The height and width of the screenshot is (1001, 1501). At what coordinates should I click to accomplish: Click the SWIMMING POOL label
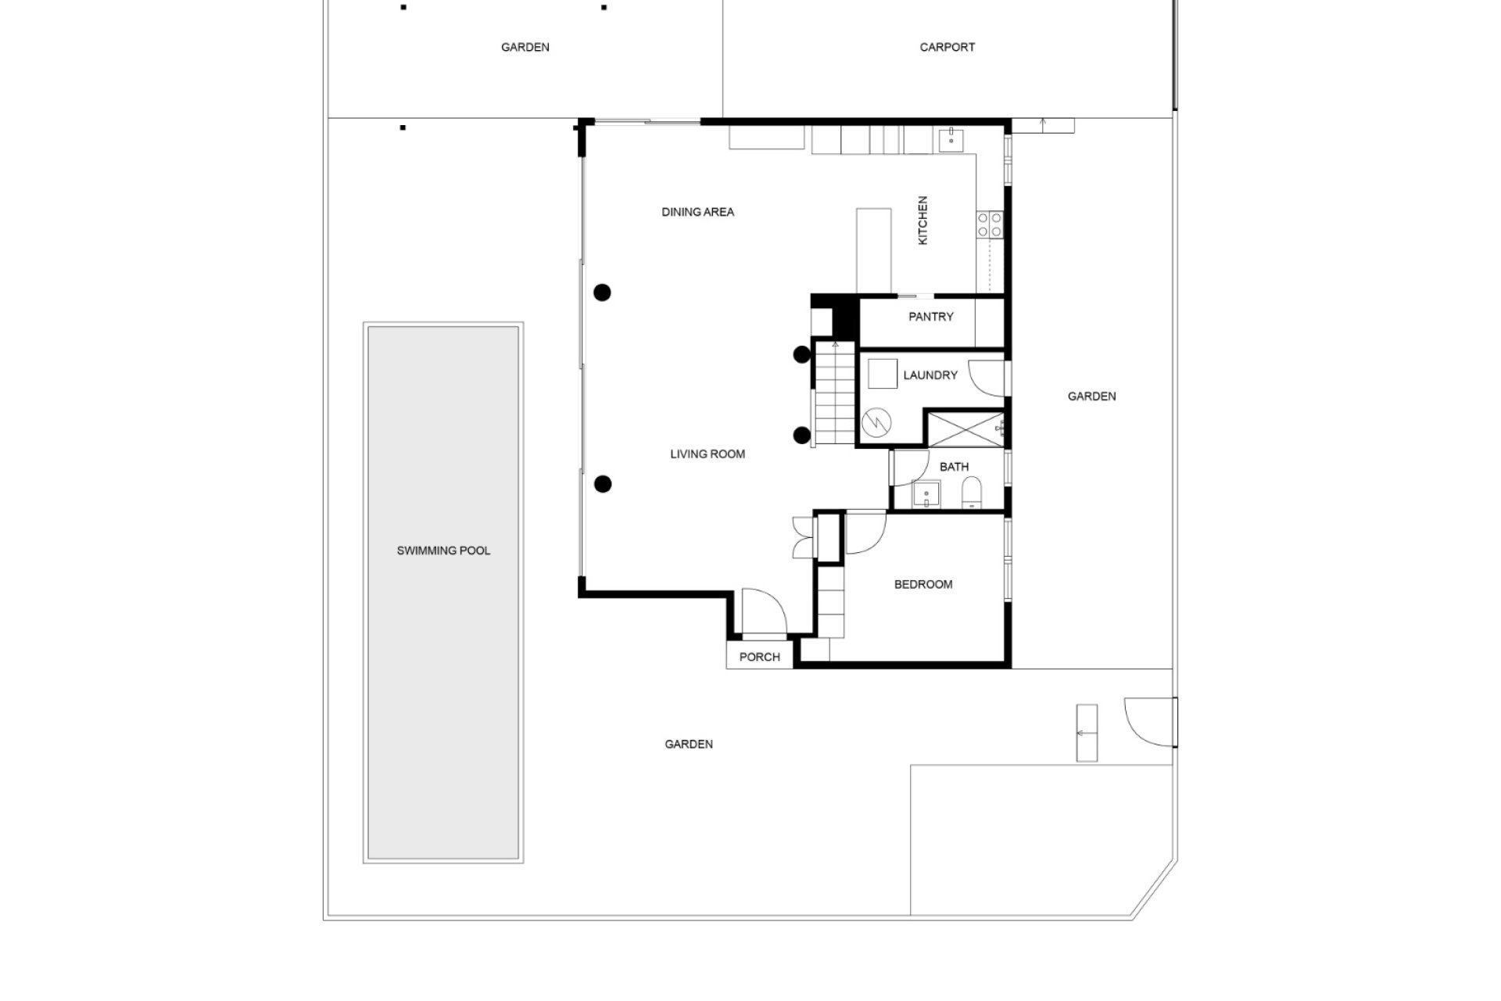coord(443,551)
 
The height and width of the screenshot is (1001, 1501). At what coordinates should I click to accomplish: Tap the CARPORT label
coord(947,47)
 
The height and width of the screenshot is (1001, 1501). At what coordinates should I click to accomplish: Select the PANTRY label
coord(930,317)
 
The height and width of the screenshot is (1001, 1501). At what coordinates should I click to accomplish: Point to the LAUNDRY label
coord(930,375)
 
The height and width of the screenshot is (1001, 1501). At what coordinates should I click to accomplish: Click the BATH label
coord(954,467)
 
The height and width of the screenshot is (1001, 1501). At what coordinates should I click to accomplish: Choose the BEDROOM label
coord(923,584)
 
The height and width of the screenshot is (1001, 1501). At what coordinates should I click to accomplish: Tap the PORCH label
coord(759,657)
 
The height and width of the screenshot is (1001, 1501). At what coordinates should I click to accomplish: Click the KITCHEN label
coord(922,221)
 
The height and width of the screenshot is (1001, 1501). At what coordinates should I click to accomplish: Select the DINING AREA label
coord(697,212)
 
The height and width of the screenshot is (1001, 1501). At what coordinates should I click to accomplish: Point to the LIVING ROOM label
coord(708,454)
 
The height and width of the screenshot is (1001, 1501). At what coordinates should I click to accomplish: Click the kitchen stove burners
coord(990,224)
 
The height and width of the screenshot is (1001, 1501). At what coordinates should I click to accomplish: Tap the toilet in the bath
coord(972,493)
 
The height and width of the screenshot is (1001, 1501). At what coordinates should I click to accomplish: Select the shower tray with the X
coord(964,429)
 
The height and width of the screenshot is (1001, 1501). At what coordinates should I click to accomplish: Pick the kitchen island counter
coord(874,250)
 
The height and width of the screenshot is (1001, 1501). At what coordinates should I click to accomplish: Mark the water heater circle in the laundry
coord(876,423)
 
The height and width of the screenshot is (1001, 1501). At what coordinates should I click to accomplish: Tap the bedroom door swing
coord(865,533)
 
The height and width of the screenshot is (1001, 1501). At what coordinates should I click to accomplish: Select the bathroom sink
coord(927,494)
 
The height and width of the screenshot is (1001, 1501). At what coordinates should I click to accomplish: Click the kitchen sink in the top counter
coord(951,141)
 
